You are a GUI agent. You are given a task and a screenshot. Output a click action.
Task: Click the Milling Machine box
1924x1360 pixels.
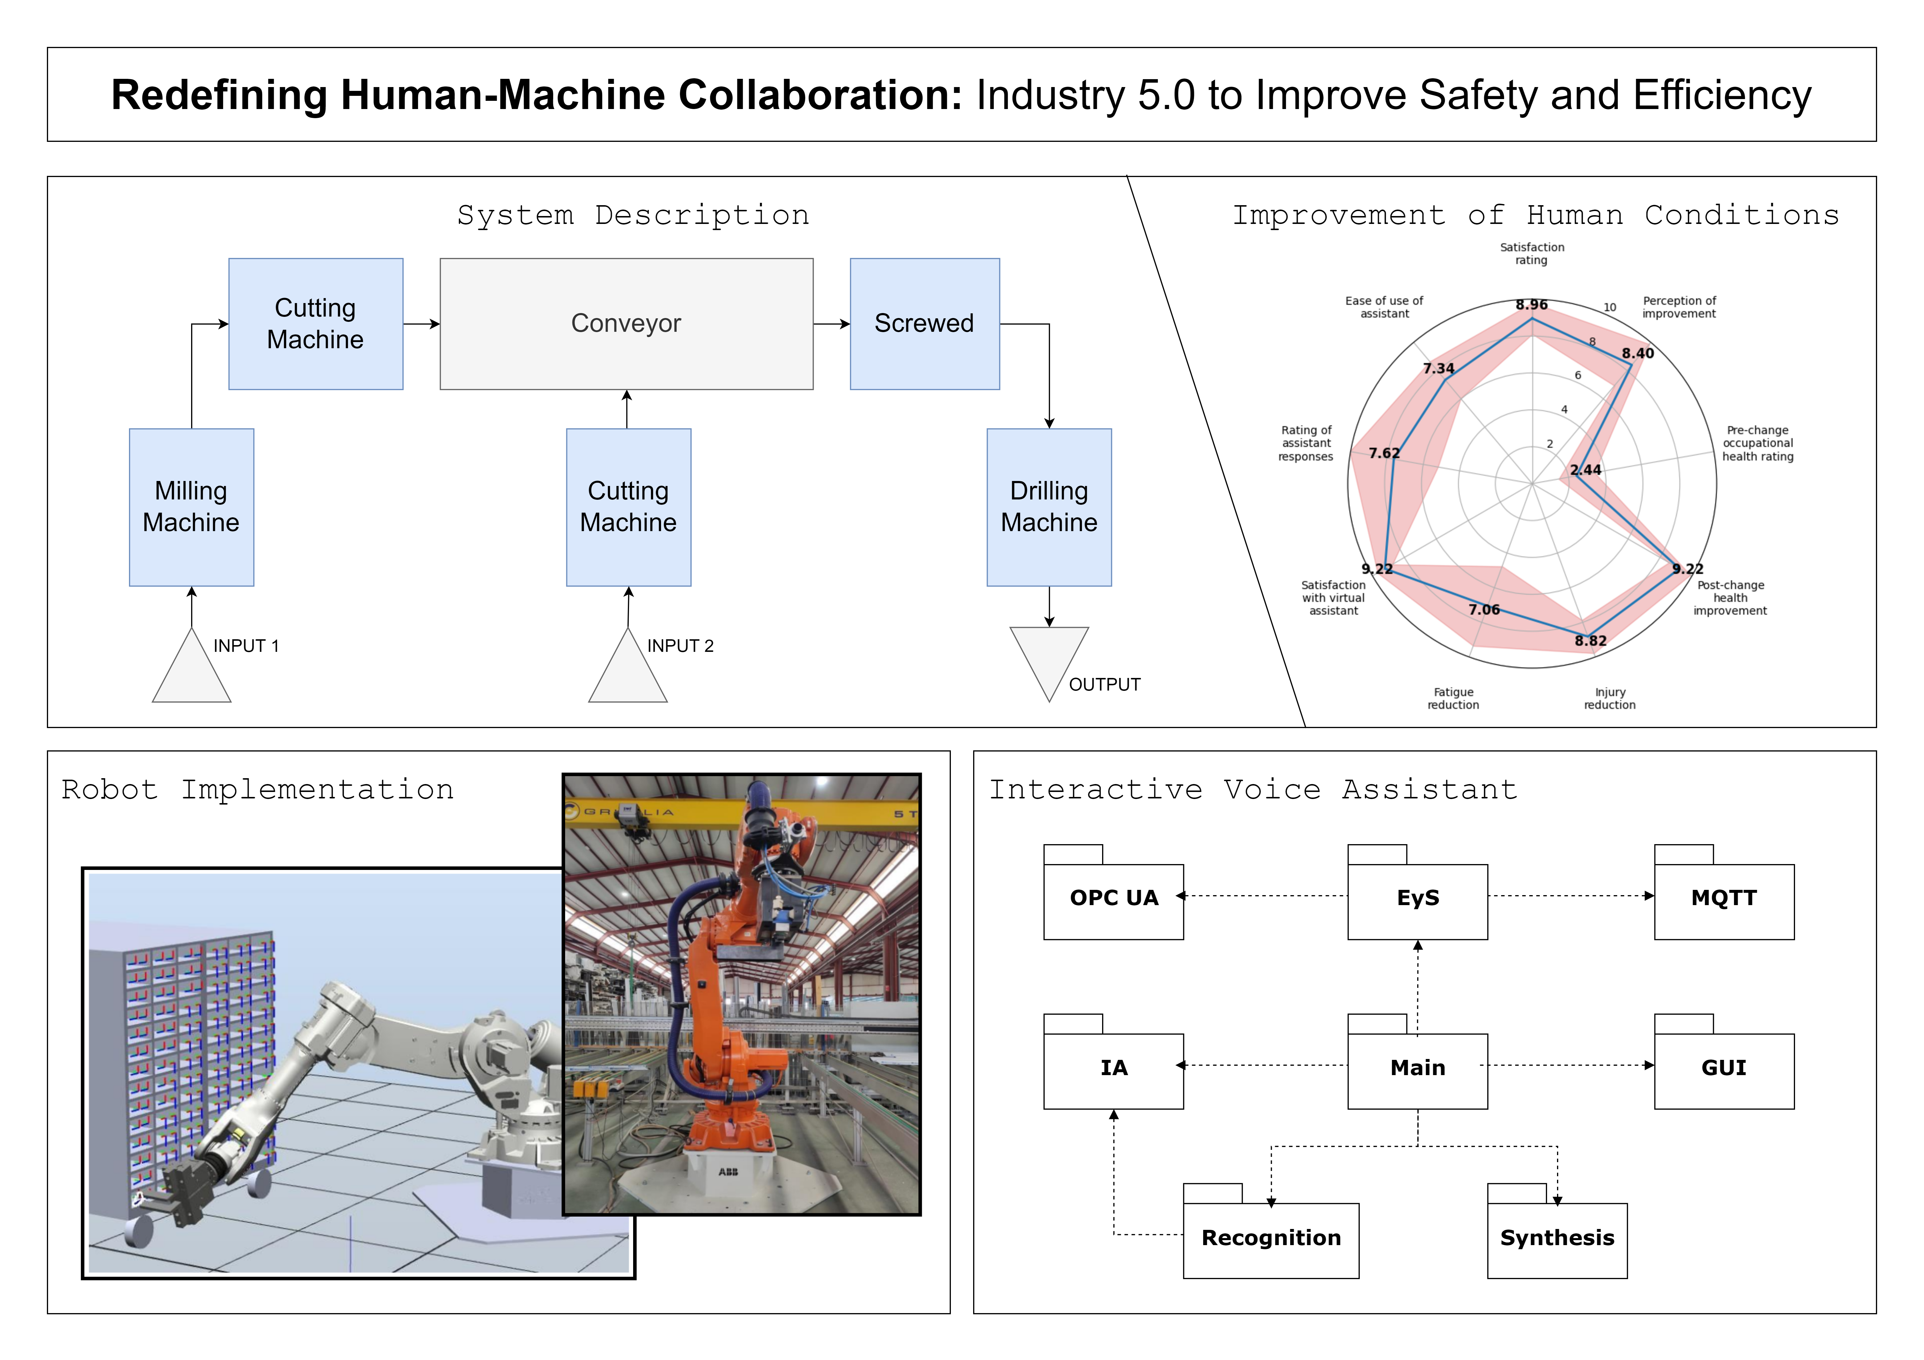pyautogui.click(x=191, y=507)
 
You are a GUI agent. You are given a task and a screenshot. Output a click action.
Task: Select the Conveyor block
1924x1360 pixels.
pyautogui.click(x=626, y=324)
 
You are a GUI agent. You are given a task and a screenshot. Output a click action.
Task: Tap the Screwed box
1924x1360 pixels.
pyautogui.click(x=924, y=324)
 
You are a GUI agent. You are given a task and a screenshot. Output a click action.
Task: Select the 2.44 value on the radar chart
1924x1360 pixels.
pyautogui.click(x=1585, y=470)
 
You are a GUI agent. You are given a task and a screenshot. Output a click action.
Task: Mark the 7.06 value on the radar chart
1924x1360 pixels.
pyautogui.click(x=1484, y=609)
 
